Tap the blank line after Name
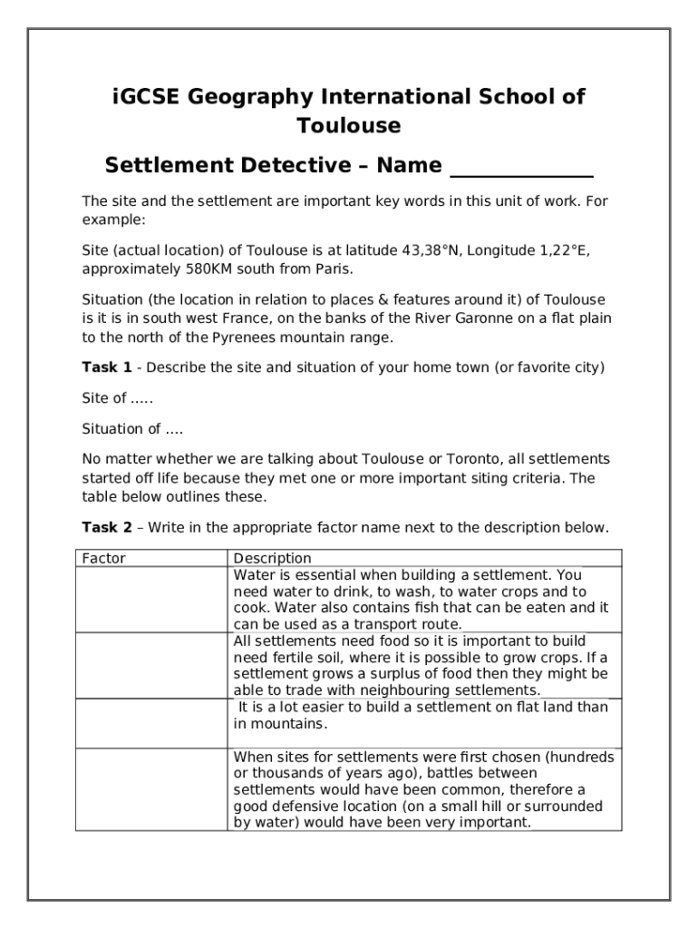pos(521,168)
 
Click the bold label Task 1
pos(107,367)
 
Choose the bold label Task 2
pos(107,527)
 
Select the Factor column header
pos(103,558)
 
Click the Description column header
pos(272,558)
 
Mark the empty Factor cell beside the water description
pos(150,599)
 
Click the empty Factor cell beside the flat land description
pos(150,722)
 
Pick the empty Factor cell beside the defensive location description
pos(150,789)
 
